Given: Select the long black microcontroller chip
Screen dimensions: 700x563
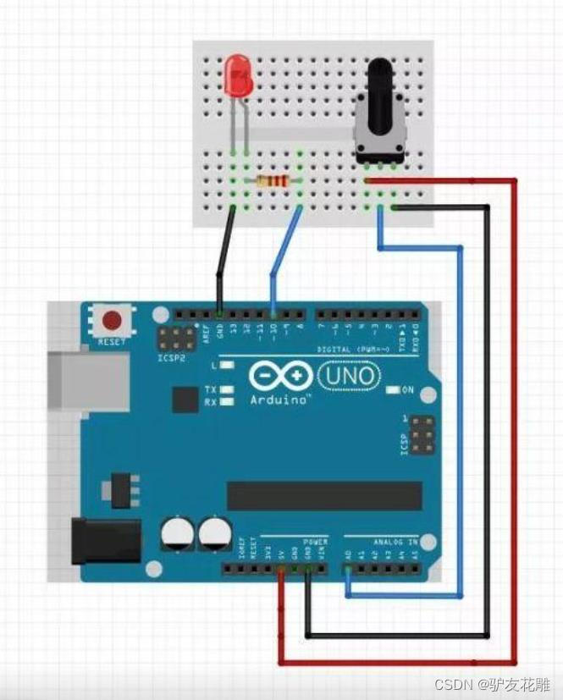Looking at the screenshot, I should pos(323,495).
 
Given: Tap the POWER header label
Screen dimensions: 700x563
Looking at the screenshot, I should pos(314,541).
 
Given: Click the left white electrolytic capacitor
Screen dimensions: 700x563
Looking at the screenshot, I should pos(177,534).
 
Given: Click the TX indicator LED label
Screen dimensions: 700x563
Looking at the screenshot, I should pos(210,389).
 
